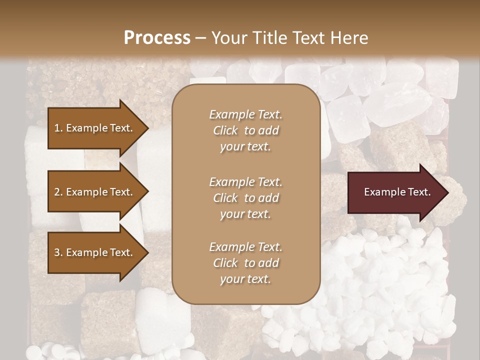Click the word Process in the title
[x=157, y=38]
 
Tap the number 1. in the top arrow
[x=58, y=128]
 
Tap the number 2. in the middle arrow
[x=58, y=192]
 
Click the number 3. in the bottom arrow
[x=58, y=252]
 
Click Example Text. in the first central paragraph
[x=245, y=114]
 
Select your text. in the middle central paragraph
[x=245, y=214]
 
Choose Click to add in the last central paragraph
[x=245, y=263]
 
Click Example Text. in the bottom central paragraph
[x=245, y=247]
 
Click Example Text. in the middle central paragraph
[x=245, y=182]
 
